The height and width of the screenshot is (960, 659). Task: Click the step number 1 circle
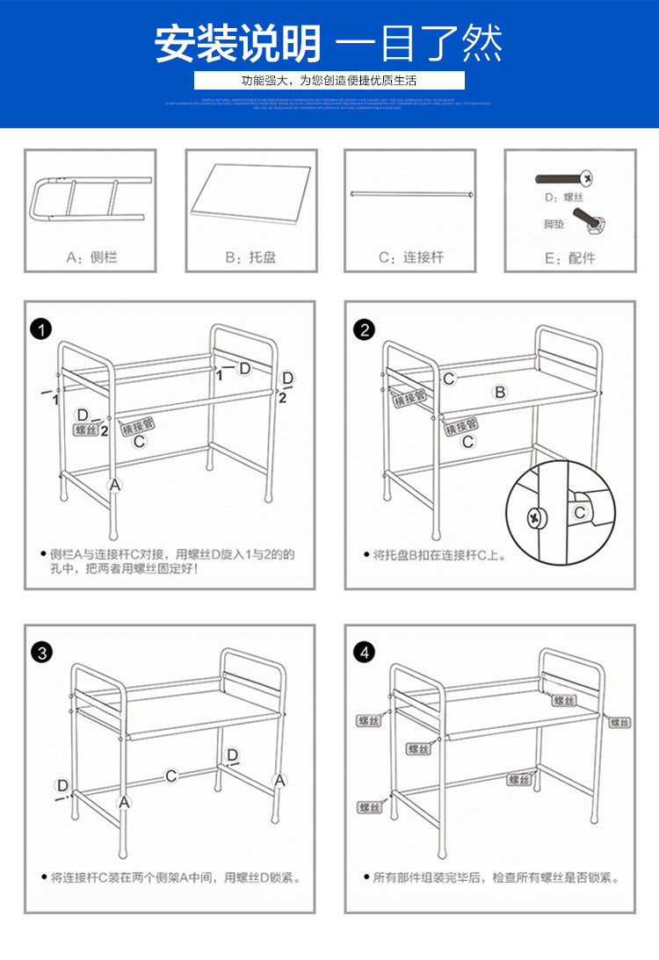[x=40, y=330]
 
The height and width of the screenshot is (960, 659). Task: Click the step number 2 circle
[x=364, y=330]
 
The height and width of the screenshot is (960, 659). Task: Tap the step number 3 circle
[x=40, y=653]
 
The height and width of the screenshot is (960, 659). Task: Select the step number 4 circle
[x=364, y=653]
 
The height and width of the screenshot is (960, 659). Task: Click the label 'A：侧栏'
[x=91, y=258]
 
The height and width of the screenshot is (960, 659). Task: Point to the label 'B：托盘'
[x=250, y=258]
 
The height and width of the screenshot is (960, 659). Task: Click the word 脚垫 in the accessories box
[x=554, y=225]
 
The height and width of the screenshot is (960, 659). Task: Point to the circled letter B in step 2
[x=499, y=392]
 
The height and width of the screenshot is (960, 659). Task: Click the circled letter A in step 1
[x=115, y=484]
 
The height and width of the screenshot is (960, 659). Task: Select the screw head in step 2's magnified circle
[x=534, y=517]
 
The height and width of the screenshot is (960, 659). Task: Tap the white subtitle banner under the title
[x=329, y=81]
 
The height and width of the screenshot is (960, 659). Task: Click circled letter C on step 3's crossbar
[x=171, y=776]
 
